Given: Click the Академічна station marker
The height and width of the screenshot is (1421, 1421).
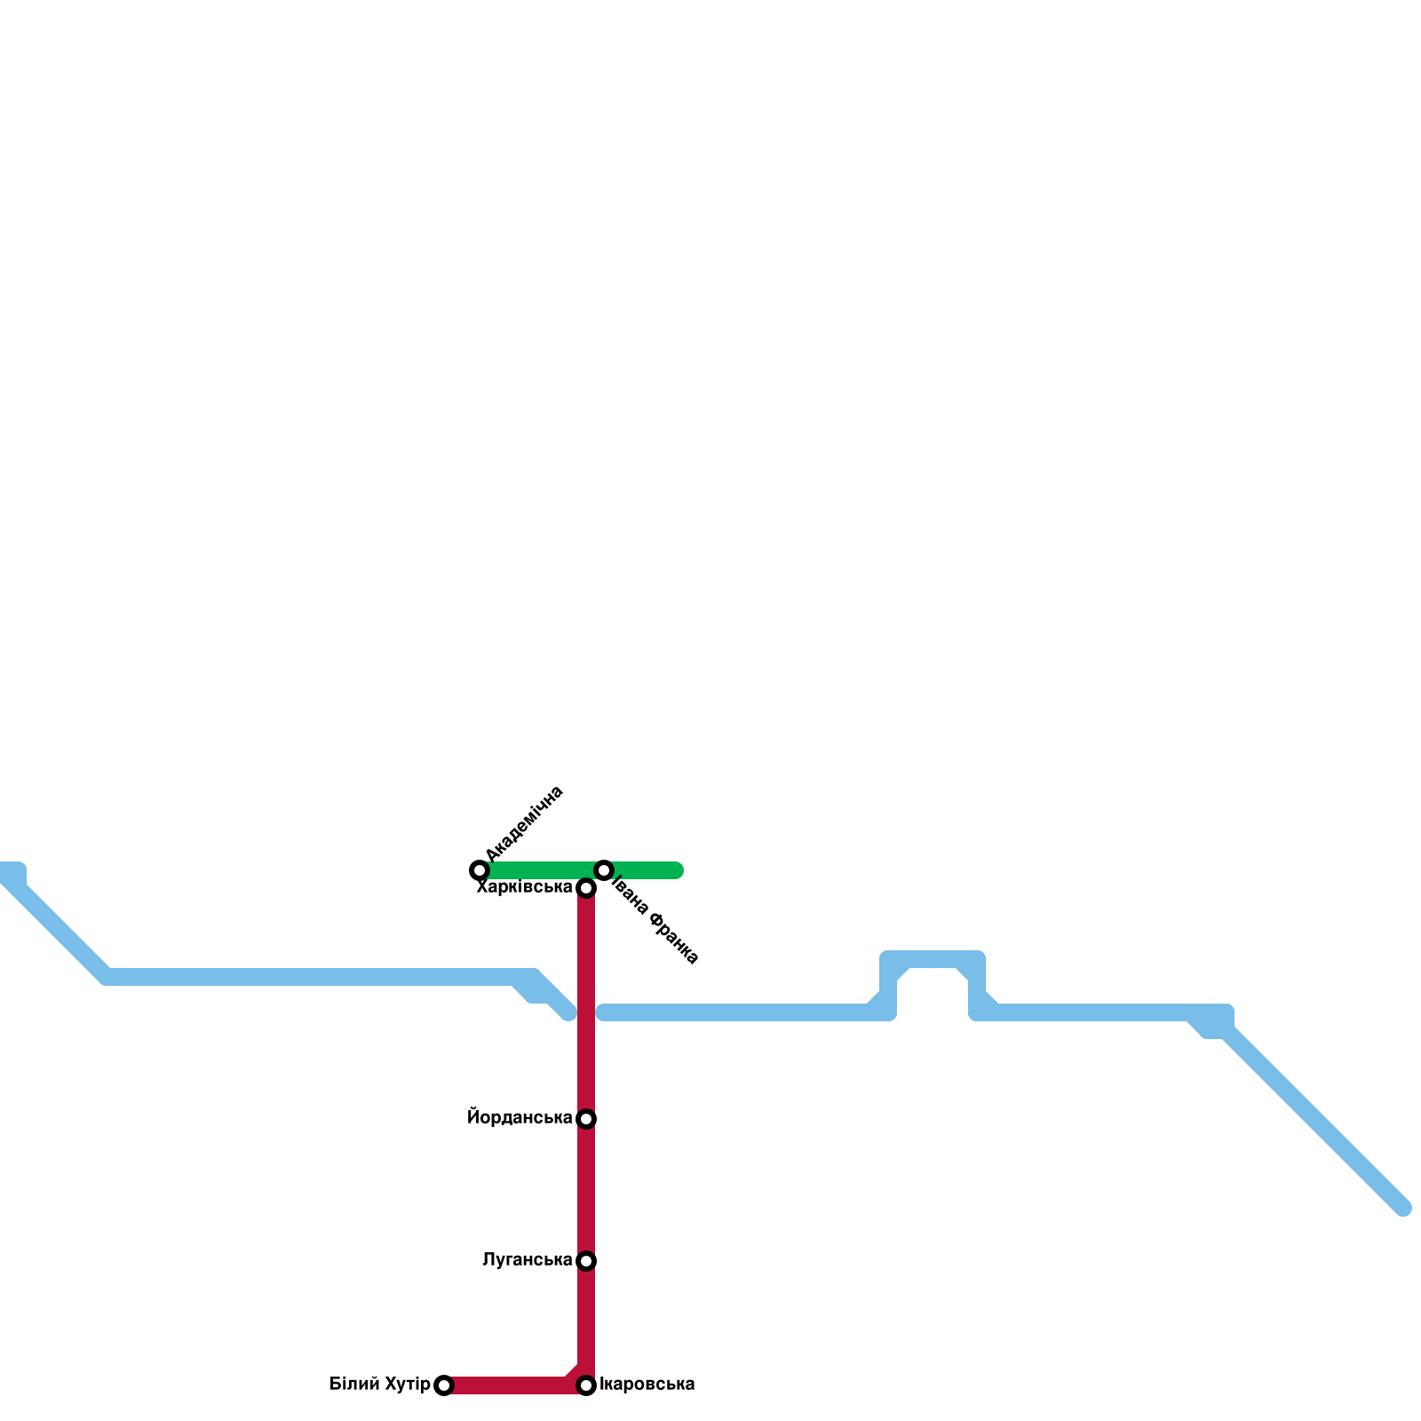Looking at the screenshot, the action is (x=480, y=869).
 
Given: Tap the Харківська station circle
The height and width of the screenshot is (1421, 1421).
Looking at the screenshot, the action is (x=586, y=888).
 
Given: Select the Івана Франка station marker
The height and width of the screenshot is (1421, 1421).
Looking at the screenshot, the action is (x=604, y=869).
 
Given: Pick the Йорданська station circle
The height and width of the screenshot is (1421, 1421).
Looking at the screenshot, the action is (x=586, y=1119).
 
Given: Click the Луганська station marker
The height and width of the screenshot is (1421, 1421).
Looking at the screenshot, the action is (x=586, y=1261).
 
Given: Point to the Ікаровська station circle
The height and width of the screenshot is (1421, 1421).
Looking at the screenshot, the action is (x=586, y=1385).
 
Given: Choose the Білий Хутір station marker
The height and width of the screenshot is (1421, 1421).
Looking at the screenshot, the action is (x=444, y=1385).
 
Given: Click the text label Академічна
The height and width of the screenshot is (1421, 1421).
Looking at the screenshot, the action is (x=525, y=823).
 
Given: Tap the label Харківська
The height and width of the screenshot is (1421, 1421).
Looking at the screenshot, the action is (x=524, y=887).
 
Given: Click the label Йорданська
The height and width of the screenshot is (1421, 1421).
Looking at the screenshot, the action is (x=520, y=1118).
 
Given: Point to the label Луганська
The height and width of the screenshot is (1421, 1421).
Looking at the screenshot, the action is (x=527, y=1260).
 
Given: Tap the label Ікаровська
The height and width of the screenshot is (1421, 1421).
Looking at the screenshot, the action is (x=647, y=1385).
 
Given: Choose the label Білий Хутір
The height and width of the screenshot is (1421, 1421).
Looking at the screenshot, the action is (x=379, y=1385).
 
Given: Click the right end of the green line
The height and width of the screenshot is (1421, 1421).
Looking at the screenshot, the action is (x=677, y=869).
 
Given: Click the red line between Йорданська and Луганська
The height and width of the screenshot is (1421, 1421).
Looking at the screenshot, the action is (x=586, y=1190).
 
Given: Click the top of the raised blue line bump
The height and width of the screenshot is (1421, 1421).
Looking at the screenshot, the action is (x=933, y=959).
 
